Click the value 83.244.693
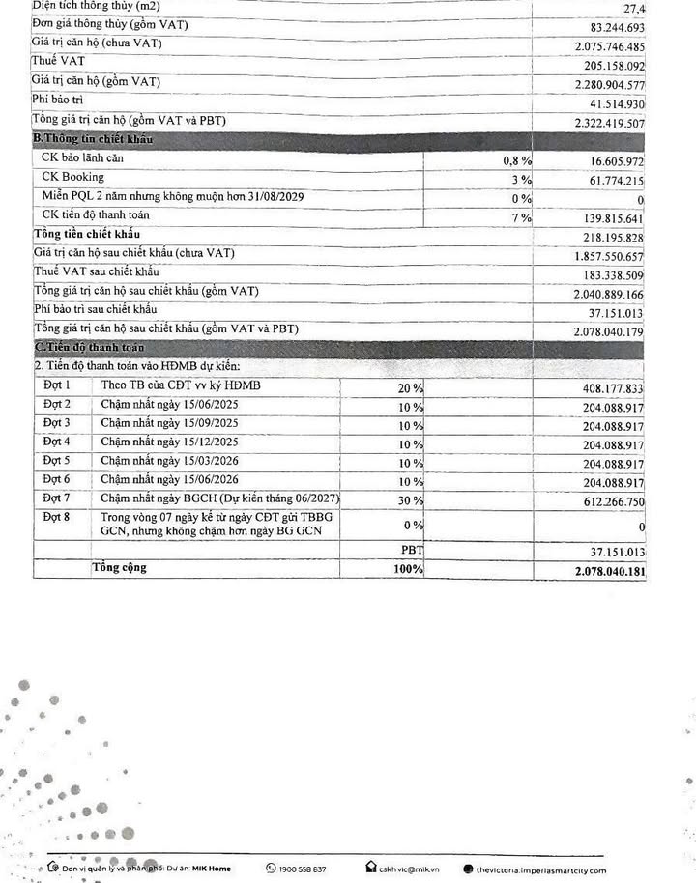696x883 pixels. point(609,25)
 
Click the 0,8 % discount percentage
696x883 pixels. point(517,159)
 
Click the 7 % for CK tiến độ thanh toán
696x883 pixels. point(522,217)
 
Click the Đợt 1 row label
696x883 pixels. point(57,386)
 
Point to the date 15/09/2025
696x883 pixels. point(211,424)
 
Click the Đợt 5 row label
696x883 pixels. point(57,461)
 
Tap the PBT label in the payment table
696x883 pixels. point(412,550)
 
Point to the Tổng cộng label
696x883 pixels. point(119,568)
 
